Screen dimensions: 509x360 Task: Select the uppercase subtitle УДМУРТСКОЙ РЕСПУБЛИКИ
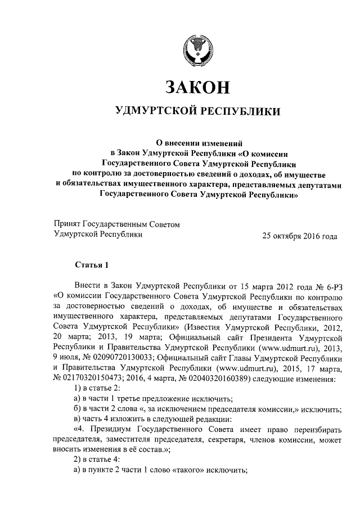pos(197,111)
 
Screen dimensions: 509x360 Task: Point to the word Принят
pos(66,224)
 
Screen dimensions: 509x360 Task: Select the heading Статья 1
pos(90,264)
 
